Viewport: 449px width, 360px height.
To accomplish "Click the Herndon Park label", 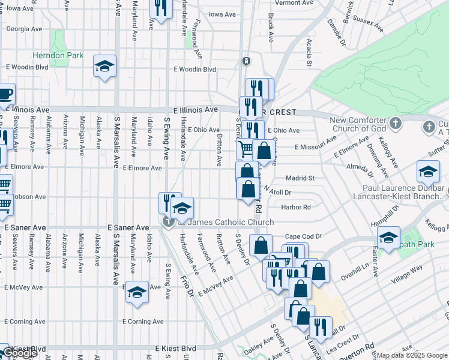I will click(58, 55).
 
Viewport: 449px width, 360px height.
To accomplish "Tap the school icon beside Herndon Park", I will click(104, 67).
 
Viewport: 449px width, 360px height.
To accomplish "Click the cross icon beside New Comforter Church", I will click(395, 124).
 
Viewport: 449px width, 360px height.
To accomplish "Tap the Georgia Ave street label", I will click(25, 28).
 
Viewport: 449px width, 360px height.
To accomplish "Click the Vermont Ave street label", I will click(295, 3).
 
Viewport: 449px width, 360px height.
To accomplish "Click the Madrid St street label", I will click(300, 178).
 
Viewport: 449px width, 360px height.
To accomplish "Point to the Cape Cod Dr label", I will click(303, 236).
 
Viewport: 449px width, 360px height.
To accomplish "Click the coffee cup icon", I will click(5, 95).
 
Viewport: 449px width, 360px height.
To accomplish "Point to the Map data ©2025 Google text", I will click(412, 356).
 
